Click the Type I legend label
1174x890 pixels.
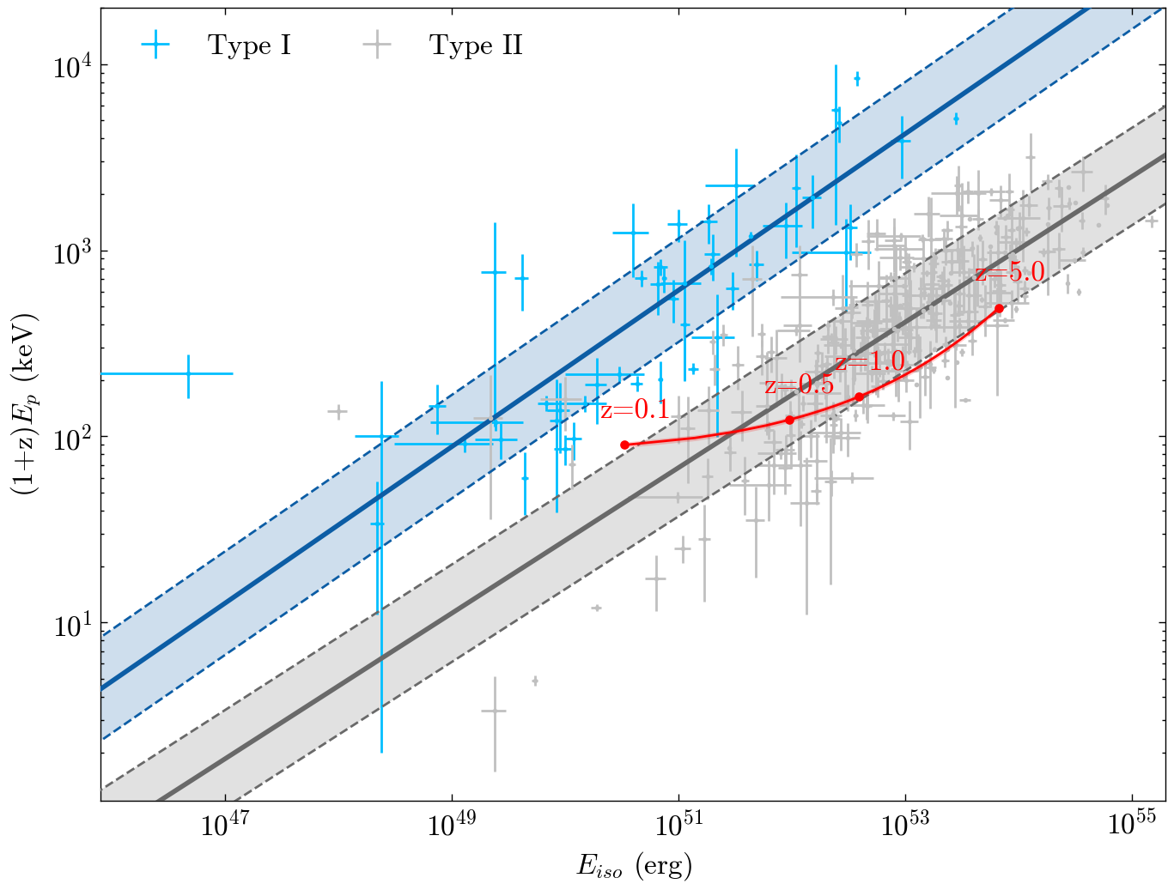249,45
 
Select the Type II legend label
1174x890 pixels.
475,45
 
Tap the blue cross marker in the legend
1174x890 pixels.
155,44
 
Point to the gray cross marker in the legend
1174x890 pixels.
378,44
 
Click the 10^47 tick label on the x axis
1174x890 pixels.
225,825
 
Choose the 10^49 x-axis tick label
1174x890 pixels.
452,825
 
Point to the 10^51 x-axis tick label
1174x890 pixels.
678,825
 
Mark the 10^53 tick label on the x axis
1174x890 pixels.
905,825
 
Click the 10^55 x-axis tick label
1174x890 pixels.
1132,825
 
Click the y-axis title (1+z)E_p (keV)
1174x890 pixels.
26,404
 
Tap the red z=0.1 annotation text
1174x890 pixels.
635,410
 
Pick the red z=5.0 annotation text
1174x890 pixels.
1010,272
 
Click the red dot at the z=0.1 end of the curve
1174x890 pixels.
624,445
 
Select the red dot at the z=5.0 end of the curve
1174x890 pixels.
999,308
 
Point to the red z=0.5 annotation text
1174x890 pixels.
799,384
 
